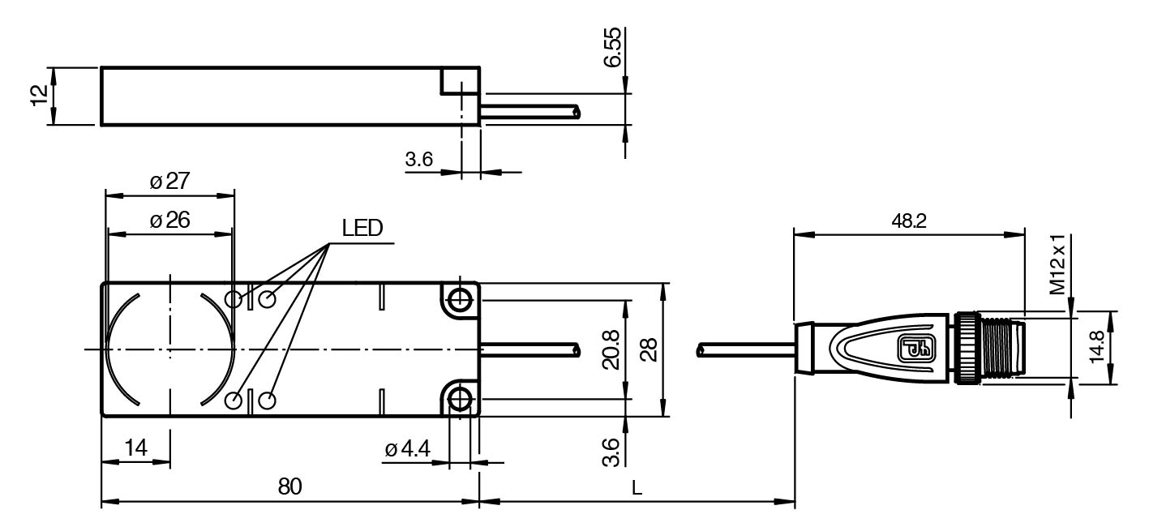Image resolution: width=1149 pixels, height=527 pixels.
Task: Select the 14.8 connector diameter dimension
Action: (x=1097, y=349)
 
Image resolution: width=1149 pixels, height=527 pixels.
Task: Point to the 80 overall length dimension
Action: (x=289, y=486)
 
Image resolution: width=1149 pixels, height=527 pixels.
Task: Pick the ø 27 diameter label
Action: (x=169, y=182)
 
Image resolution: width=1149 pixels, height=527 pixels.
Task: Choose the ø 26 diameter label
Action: (x=169, y=220)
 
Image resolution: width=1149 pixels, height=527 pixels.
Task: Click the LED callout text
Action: (x=362, y=229)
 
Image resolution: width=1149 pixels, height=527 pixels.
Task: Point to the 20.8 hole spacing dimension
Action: (x=614, y=349)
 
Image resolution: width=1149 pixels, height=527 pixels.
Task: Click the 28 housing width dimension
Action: (x=648, y=349)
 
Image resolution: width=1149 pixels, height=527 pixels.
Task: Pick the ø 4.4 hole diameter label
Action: (x=410, y=448)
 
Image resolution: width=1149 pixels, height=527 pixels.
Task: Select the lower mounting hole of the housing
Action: (x=460, y=398)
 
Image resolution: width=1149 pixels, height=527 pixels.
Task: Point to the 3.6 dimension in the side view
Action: (x=418, y=160)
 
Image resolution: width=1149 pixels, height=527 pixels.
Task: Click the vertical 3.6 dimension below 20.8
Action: (x=614, y=451)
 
